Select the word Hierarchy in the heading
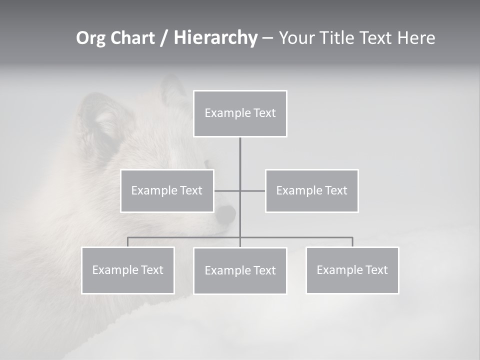[215, 38]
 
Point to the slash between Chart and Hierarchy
[164, 38]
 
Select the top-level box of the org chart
[240, 113]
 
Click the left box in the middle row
[167, 190]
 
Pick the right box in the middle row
[312, 190]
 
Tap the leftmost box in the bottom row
[128, 270]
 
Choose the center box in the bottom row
[240, 271]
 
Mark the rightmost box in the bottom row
[352, 270]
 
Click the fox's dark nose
[226, 215]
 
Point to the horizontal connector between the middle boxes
[252, 191]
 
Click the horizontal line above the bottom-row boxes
[300, 237]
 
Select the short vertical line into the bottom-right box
[352, 242]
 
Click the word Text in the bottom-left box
[152, 270]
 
